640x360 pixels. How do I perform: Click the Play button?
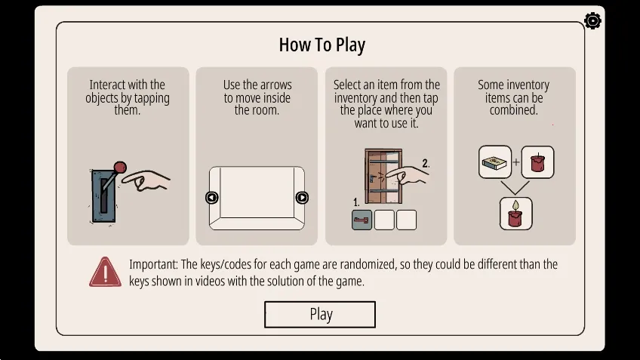320,314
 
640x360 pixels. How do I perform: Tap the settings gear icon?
592,21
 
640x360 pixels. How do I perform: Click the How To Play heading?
322,45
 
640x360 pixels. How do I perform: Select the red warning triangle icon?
106,272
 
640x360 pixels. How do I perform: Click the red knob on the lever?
120,168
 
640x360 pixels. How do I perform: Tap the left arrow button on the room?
211,198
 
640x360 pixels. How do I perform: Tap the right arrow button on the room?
302,198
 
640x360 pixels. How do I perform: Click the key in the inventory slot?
362,220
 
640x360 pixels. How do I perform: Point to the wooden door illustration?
383,176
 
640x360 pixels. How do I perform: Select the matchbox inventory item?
495,162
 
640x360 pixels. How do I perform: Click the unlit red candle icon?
537,162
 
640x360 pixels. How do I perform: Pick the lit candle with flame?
516,214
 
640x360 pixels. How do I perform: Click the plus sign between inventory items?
516,162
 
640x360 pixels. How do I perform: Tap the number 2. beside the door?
426,163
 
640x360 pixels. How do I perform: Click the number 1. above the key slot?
356,202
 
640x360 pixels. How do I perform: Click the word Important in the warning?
153,264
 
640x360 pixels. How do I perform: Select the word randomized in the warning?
368,264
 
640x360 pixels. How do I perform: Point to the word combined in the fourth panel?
513,109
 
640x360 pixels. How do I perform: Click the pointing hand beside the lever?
146,180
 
